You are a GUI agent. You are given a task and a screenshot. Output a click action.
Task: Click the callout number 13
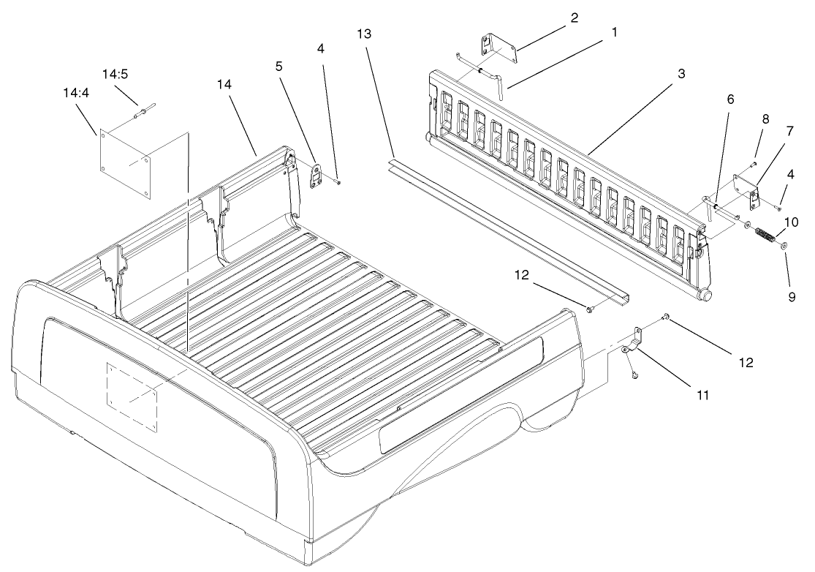[365, 34]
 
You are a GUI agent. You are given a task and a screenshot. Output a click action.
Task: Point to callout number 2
[575, 18]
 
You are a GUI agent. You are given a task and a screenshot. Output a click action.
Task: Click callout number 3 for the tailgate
[681, 73]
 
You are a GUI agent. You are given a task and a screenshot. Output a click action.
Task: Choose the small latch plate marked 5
[317, 174]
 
